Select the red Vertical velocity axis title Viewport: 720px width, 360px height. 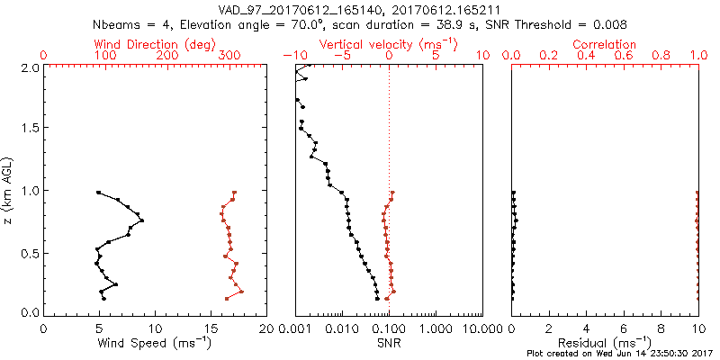click(x=389, y=44)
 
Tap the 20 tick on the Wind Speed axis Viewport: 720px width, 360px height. click(x=266, y=329)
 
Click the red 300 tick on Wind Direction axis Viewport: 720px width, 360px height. click(x=229, y=56)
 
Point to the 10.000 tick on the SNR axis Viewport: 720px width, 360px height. click(x=480, y=329)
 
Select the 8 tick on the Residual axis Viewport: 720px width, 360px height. click(x=661, y=329)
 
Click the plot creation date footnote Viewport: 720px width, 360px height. click(x=621, y=354)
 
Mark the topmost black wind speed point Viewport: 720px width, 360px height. click(x=98, y=193)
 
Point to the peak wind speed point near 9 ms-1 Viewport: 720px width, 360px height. click(x=142, y=220)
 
